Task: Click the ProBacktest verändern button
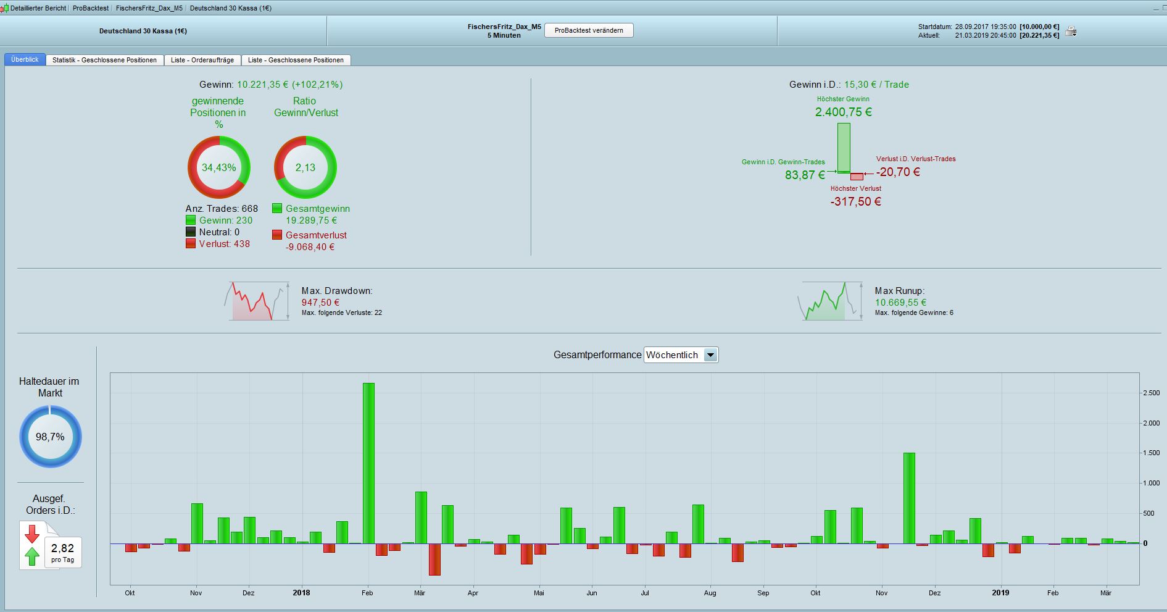point(589,30)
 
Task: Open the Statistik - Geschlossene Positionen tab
point(104,60)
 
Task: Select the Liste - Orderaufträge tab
point(202,60)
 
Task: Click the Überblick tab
point(25,60)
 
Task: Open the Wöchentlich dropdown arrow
point(711,355)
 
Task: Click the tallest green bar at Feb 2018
point(368,463)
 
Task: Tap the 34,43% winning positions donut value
point(219,167)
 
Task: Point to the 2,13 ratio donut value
point(305,167)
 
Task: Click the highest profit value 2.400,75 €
point(843,112)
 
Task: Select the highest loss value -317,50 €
point(855,201)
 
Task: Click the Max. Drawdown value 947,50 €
point(320,303)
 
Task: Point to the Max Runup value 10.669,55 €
point(900,303)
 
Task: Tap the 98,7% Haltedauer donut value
point(50,437)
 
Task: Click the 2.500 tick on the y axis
point(1151,393)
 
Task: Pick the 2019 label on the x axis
point(1000,593)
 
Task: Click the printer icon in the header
point(1071,31)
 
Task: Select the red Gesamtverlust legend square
point(277,235)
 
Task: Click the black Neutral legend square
point(191,232)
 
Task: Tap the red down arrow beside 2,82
point(32,534)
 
